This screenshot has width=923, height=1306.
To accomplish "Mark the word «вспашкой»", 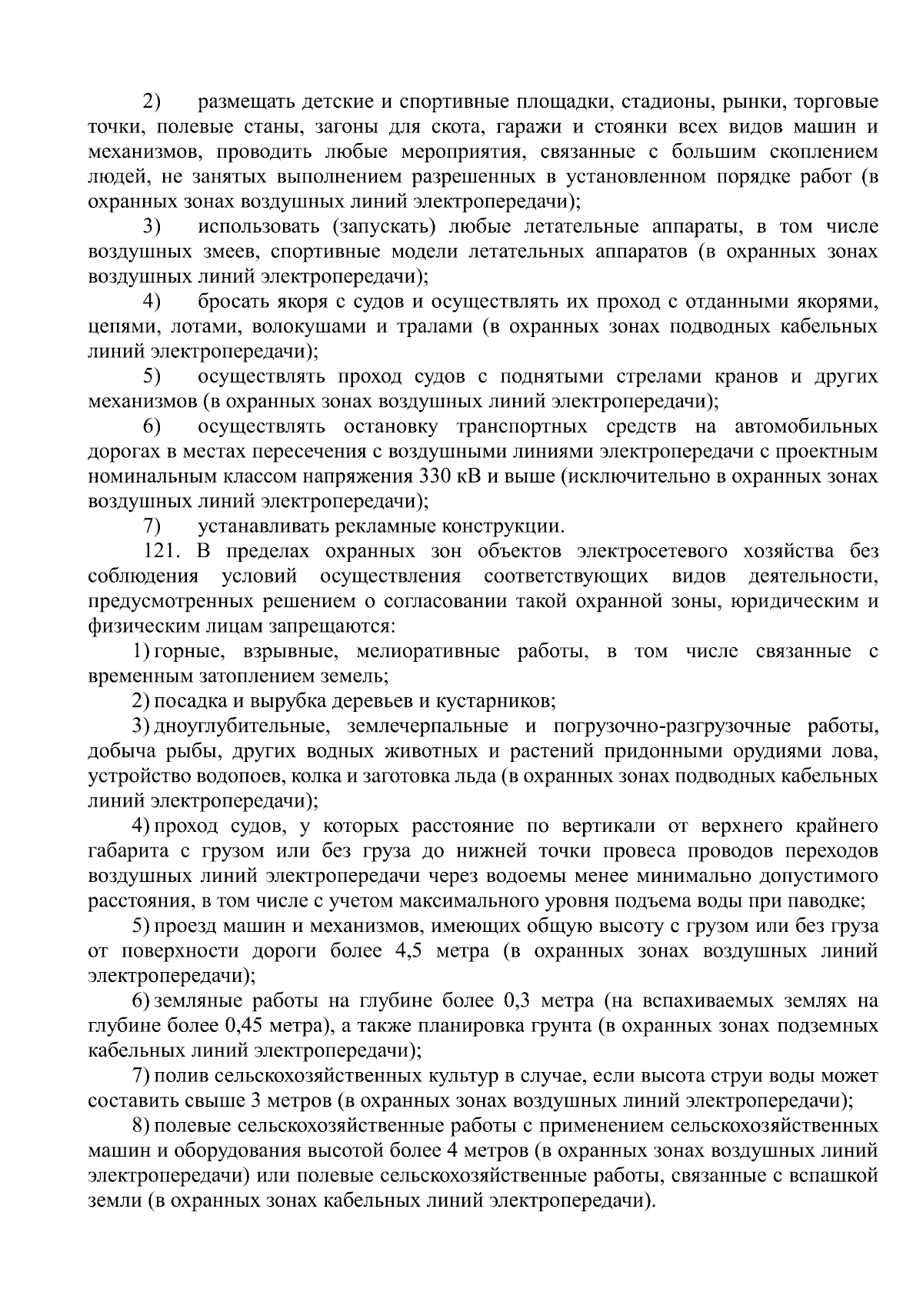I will pos(836,1176).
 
